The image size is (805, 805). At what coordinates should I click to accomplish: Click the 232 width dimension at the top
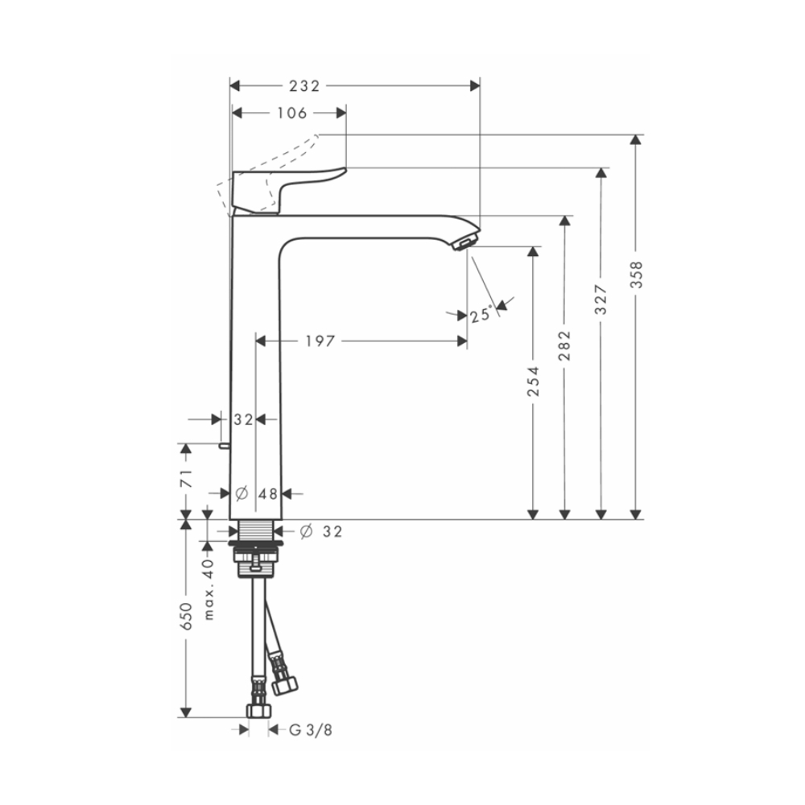305,86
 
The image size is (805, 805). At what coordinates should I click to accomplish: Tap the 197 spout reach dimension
320,341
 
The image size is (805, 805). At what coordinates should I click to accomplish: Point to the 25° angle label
481,316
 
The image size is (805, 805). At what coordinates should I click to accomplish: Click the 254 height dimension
532,381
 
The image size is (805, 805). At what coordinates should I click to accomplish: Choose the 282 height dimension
565,345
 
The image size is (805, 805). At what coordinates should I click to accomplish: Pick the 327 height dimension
601,299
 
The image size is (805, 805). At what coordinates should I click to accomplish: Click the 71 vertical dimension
186,481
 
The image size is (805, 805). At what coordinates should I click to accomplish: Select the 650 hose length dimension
186,616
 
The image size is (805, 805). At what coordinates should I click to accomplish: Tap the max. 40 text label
208,590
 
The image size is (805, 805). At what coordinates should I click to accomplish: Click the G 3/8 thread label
310,730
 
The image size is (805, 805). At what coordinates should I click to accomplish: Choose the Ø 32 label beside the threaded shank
321,531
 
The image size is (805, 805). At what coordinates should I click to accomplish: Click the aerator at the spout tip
464,242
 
